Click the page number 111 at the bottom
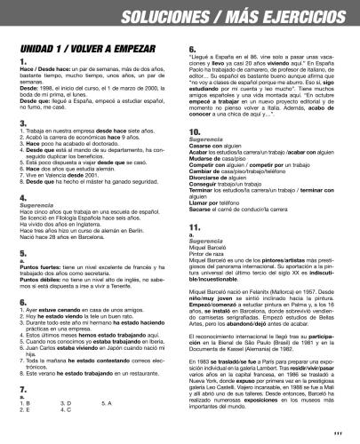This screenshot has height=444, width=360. point(339,432)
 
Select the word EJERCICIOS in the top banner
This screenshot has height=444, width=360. point(301,16)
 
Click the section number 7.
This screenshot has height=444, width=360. point(22,371)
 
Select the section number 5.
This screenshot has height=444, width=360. point(22,253)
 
